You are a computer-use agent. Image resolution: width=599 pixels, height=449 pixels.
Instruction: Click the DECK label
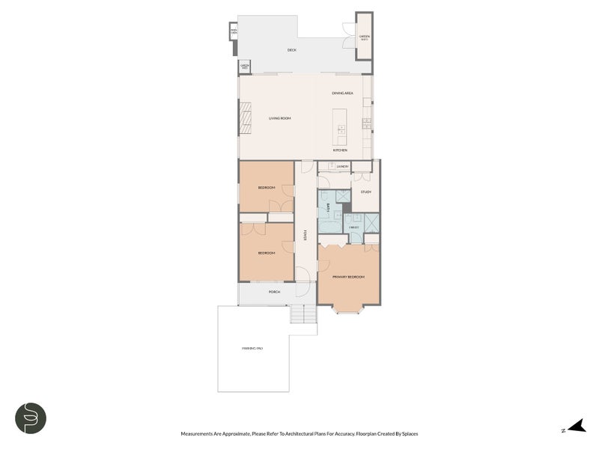tap(292, 50)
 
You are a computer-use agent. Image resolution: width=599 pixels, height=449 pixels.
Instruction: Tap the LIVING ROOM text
tap(280, 118)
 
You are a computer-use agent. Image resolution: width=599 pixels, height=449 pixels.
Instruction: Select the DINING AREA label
tap(342, 93)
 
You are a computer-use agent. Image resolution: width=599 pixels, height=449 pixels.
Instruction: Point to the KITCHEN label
tap(341, 150)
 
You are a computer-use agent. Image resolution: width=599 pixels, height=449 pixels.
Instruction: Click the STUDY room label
tap(365, 192)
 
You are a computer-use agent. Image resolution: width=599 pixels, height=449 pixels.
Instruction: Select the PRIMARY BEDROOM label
tap(348, 277)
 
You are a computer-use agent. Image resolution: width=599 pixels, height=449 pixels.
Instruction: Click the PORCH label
tap(274, 292)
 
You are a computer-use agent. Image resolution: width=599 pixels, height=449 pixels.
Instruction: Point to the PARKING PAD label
tap(252, 349)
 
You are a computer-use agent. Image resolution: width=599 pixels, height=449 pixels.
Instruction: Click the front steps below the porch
tap(302, 315)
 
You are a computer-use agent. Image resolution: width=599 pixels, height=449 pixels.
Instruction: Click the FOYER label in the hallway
tap(305, 235)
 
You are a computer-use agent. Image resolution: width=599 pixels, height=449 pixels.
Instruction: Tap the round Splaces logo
tap(31, 418)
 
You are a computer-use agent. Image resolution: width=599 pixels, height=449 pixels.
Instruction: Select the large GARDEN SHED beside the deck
tap(364, 37)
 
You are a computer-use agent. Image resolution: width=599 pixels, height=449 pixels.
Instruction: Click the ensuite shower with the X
tap(371, 222)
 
